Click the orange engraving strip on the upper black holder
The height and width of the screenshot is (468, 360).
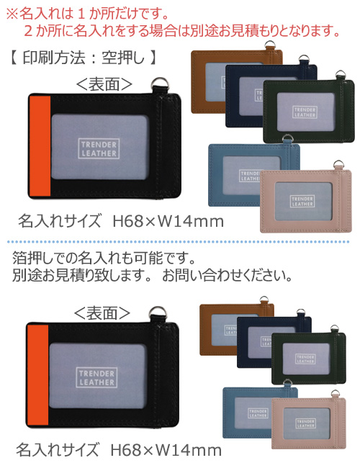pos(40,146)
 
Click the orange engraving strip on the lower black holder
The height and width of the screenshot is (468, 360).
pos(37,375)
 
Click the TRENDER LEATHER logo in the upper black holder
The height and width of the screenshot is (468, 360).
pos(99,148)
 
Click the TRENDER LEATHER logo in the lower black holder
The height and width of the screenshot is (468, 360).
pos(96,377)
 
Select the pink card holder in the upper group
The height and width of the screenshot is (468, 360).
pos(306,200)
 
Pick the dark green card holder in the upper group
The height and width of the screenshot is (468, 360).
pos(309,111)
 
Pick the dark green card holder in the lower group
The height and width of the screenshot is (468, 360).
pos(309,358)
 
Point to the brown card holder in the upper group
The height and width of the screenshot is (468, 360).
pos(209,81)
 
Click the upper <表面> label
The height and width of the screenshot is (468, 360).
pos(104,84)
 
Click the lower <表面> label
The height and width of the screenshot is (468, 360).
pos(102,313)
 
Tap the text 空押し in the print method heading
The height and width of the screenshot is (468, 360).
pos(123,58)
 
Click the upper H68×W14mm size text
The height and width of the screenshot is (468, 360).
pos(168,222)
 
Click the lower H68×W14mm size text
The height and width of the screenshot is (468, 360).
pos(166,450)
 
